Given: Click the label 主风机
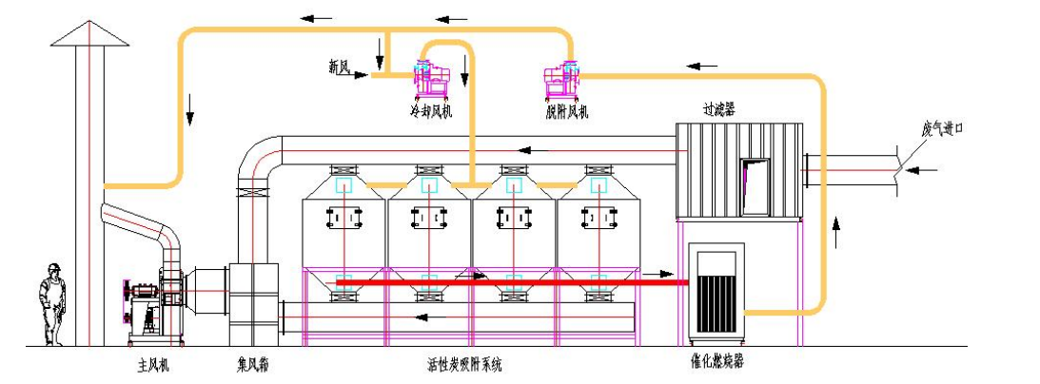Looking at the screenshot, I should (152, 363).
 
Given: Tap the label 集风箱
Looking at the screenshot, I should (255, 363).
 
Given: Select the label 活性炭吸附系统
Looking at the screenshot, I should (464, 364).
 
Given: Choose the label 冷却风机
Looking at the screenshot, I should (430, 112).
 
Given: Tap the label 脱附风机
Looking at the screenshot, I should (567, 112).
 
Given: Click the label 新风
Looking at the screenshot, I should (339, 67).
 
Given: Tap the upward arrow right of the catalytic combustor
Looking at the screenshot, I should (836, 228).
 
